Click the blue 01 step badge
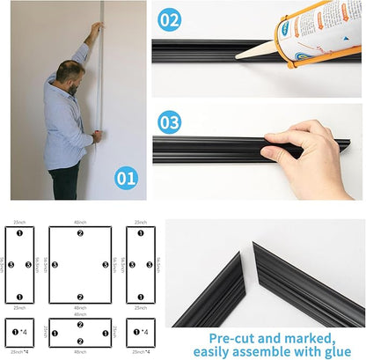pyautogui.click(x=126, y=179)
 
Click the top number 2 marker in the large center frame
pyautogui.click(x=80, y=233)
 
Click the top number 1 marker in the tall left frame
pyautogui.click(x=18, y=233)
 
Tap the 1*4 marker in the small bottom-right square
pyautogui.click(x=141, y=333)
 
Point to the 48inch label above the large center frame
pyautogui.click(x=80, y=222)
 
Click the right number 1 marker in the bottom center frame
pyautogui.click(x=104, y=333)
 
